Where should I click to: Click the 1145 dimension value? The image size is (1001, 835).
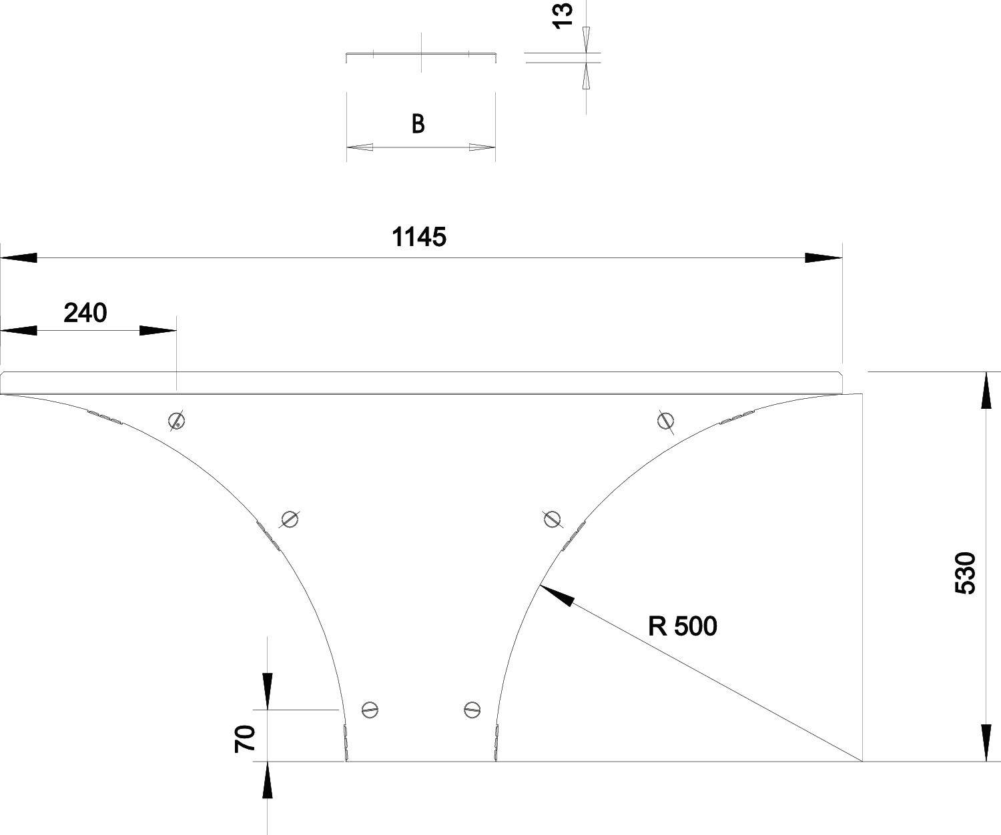click(x=418, y=237)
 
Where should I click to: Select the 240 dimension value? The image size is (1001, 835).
click(x=85, y=312)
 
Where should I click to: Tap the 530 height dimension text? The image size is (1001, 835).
click(x=966, y=572)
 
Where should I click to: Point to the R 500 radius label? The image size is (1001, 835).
click(x=682, y=626)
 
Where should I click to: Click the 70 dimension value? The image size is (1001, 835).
click(x=245, y=739)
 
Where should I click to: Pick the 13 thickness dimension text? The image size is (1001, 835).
click(x=563, y=15)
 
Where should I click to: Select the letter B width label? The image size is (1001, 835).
click(x=418, y=124)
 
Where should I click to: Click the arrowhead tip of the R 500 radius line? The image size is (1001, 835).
click(x=541, y=586)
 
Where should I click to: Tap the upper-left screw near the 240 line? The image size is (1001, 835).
click(x=176, y=420)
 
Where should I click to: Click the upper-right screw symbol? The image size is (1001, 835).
click(x=665, y=420)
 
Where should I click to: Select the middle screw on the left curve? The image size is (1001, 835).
click(x=289, y=519)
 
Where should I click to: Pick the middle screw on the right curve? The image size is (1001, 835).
click(x=552, y=518)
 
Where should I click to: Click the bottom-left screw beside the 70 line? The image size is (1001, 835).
click(x=370, y=710)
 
